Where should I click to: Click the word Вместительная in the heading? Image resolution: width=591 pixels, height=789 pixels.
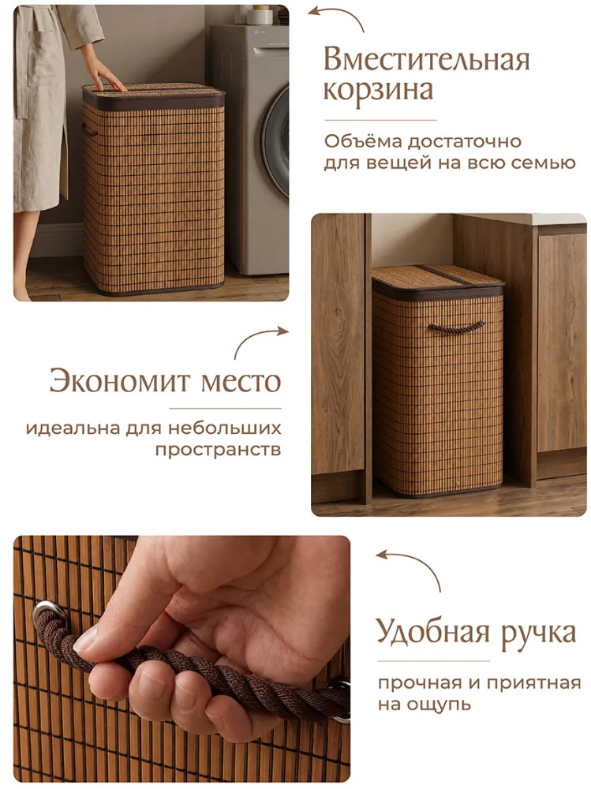coord(427,60)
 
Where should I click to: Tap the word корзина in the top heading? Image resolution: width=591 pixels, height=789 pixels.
coord(378,91)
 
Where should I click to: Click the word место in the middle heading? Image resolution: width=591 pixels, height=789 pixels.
coord(241,383)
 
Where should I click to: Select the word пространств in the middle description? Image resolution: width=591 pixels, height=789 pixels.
coord(218,450)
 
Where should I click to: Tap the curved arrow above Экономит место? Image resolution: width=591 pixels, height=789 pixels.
coord(256,337)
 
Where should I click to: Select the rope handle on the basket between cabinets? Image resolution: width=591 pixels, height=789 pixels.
coord(457,327)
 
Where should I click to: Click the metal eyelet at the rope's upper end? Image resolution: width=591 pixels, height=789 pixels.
coord(48,611)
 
